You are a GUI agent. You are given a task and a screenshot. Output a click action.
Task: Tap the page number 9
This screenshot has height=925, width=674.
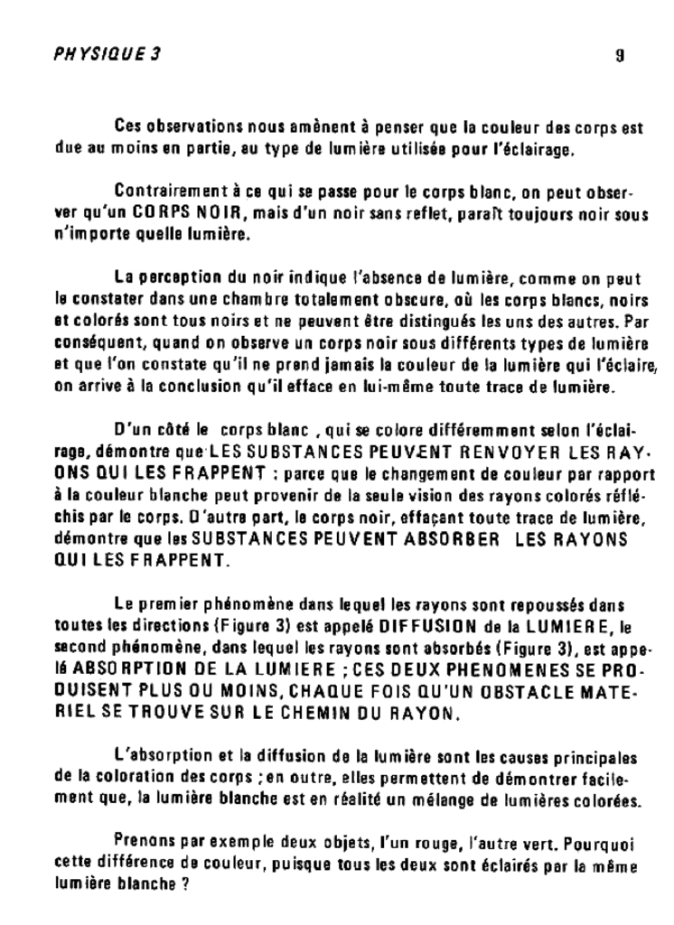pos(620,54)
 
